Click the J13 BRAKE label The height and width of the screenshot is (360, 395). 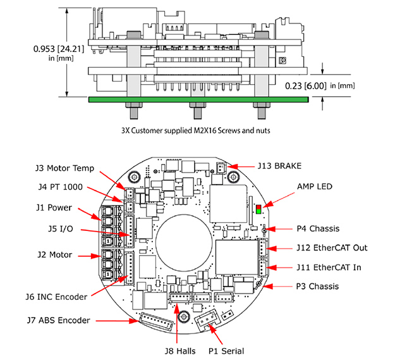279,166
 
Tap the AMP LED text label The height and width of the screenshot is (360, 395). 315,187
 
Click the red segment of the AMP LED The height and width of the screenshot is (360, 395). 258,208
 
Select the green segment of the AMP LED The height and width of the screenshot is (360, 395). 258,211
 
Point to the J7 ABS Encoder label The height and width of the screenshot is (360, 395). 58,320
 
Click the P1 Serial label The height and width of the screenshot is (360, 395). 226,351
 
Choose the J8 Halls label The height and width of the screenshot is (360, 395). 180,351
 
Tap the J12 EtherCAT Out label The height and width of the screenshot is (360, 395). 332,248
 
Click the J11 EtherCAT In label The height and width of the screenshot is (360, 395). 329,267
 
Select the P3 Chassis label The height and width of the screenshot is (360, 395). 317,287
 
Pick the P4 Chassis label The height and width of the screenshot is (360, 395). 318,228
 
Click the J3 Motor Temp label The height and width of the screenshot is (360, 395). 64,168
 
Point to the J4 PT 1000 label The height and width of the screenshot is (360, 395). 61,187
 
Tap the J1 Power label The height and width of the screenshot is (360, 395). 54,208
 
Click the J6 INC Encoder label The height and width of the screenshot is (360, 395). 56,297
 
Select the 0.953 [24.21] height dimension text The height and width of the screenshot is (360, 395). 59,49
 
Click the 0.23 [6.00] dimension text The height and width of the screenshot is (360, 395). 305,86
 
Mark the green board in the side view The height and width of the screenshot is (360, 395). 198,99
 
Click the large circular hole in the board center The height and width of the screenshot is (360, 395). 184,242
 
